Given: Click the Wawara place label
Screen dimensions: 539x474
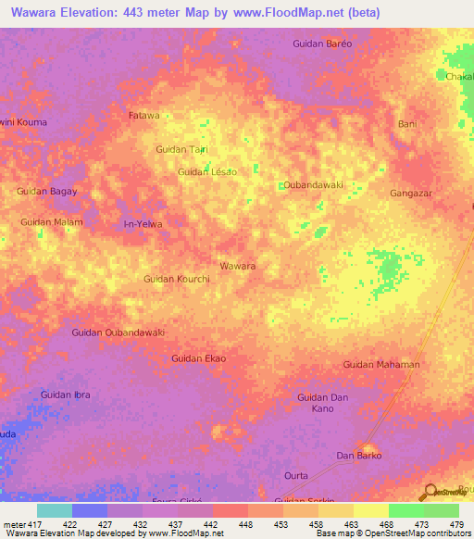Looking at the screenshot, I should point(238,266).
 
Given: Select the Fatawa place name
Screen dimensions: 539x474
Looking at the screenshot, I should point(143,116).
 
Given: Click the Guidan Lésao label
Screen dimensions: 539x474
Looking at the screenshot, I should point(207,171).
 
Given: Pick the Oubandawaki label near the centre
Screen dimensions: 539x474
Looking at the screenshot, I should point(313,184).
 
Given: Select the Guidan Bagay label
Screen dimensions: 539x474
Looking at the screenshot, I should point(46,191).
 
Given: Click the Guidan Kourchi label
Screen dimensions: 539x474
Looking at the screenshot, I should point(177,279).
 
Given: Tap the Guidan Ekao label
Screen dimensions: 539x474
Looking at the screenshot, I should point(199,357).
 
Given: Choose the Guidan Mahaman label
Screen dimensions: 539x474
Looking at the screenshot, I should point(381,364).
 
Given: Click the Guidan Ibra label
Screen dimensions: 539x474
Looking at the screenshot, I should point(66,395).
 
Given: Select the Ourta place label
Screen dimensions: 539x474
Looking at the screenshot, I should point(296,475).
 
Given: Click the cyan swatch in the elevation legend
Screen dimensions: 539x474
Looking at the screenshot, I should point(54,510).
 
